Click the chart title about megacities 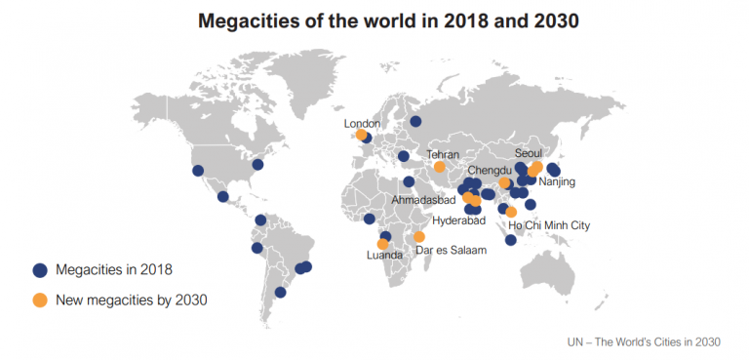pyautogui.click(x=374, y=22)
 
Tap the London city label pyautogui.click(x=363, y=124)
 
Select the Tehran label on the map pyautogui.click(x=442, y=154)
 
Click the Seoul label pyautogui.click(x=528, y=152)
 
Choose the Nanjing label pyautogui.click(x=557, y=181)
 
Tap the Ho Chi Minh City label pyautogui.click(x=550, y=225)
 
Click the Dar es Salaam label pyautogui.click(x=450, y=251)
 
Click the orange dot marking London pyautogui.click(x=362, y=136)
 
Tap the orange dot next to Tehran pyautogui.click(x=440, y=167)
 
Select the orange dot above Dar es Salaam pyautogui.click(x=419, y=237)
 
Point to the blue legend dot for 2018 pyautogui.click(x=40, y=270)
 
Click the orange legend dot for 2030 pyautogui.click(x=40, y=300)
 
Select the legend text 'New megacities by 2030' pyautogui.click(x=132, y=300)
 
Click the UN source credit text pyautogui.click(x=643, y=341)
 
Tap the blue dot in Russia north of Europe pyautogui.click(x=415, y=122)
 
